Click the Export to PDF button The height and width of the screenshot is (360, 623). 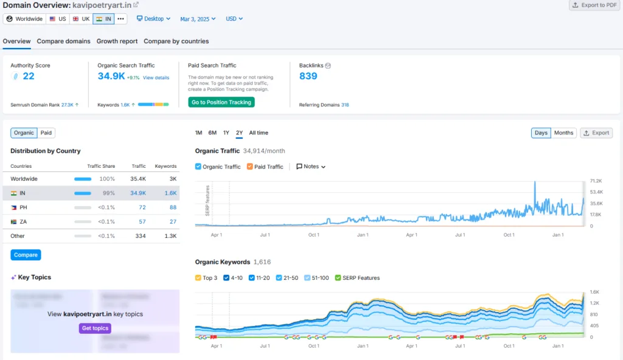tap(594, 5)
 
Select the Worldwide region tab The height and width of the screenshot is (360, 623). tap(24, 19)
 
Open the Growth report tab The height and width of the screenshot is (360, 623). tap(117, 41)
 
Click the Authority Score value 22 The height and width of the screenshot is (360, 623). tap(29, 76)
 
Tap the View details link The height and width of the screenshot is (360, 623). tap(156, 78)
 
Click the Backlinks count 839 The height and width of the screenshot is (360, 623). tap(308, 76)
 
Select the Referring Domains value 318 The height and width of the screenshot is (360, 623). tap(345, 105)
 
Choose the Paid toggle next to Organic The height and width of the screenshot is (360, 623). tap(46, 133)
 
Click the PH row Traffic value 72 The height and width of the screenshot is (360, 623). tap(142, 207)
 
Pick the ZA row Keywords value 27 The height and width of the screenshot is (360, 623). tap(173, 222)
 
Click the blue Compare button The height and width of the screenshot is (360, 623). tap(26, 255)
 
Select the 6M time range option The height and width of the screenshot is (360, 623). tap(212, 133)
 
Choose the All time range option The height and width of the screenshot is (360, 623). tap(259, 133)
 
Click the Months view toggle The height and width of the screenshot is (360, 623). tap(563, 133)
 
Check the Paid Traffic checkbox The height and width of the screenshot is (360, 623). tap(250, 167)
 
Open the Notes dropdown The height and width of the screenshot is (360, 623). tap(311, 167)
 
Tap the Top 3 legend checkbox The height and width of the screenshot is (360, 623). tap(198, 278)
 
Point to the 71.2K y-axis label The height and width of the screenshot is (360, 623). tap(596, 181)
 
